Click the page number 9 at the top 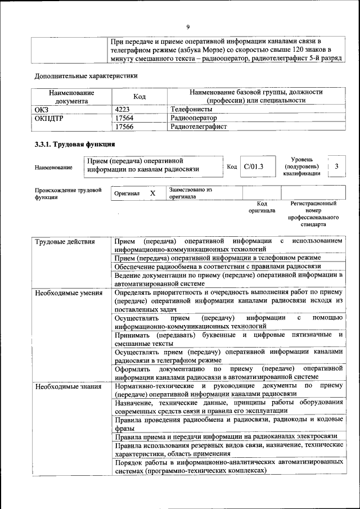tap(188, 26)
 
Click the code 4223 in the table tap(123, 109)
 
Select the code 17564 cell tap(124, 118)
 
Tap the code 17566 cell tap(124, 127)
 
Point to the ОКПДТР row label tap(50, 118)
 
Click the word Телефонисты tap(191, 109)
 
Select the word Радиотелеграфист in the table tap(198, 127)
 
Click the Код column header tap(139, 96)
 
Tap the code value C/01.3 tap(253, 166)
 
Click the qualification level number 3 tap(336, 166)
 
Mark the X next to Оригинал tap(152, 193)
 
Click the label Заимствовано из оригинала tap(190, 193)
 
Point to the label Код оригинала tap(262, 208)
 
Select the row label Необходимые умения tap(61, 292)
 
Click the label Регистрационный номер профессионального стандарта tap(313, 213)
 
